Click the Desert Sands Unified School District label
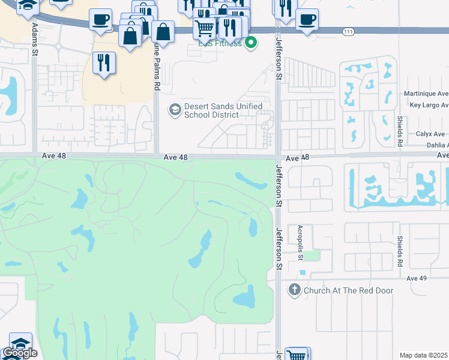(x=223, y=110)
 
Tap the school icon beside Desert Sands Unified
(x=175, y=109)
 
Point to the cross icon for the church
(x=294, y=290)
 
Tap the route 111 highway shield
(x=348, y=31)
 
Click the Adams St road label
(x=35, y=41)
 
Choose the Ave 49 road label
(x=416, y=278)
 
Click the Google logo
(x=20, y=353)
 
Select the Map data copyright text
(x=424, y=355)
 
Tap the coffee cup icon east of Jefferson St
(x=307, y=20)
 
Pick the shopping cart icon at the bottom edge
(x=296, y=355)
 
